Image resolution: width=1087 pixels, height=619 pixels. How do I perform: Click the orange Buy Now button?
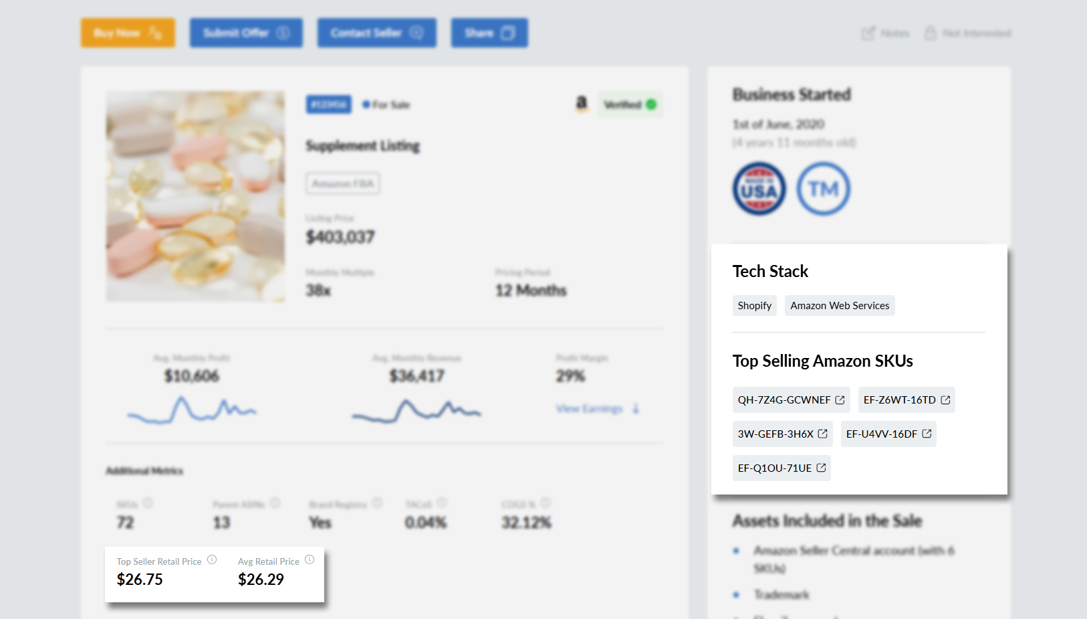coord(128,33)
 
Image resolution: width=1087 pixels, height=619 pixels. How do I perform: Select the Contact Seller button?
coord(376,33)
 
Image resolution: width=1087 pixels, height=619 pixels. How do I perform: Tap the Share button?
coord(489,33)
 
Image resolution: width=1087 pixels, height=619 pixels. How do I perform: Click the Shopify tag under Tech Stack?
coord(754,306)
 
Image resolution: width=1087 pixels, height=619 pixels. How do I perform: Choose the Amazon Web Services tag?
coord(839,306)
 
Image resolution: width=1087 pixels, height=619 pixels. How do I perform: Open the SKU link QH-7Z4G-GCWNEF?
coord(791,400)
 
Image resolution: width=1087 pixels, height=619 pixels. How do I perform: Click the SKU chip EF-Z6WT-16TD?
coord(906,400)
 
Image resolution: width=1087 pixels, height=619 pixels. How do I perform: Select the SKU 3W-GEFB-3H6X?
coord(782,434)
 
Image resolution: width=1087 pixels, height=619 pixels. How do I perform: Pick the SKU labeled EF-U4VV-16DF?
coord(888,434)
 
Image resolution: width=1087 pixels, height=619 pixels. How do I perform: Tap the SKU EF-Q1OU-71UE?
coord(781,468)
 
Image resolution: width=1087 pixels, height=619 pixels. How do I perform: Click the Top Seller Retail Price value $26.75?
coord(140,580)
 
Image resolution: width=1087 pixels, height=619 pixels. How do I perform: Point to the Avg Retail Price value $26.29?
coord(261,580)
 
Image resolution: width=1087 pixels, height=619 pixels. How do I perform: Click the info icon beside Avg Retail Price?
coord(310,560)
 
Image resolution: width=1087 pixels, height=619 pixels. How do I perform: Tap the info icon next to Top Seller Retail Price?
coord(212,560)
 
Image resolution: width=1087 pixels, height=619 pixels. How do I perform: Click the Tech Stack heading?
coord(770,271)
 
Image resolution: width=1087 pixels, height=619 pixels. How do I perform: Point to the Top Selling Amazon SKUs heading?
coord(822,361)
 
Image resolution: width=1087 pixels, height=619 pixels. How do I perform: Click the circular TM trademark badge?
coord(823,189)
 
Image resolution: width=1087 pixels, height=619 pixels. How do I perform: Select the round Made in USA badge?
coord(759,189)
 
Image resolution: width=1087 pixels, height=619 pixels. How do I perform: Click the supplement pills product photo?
coord(195,196)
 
